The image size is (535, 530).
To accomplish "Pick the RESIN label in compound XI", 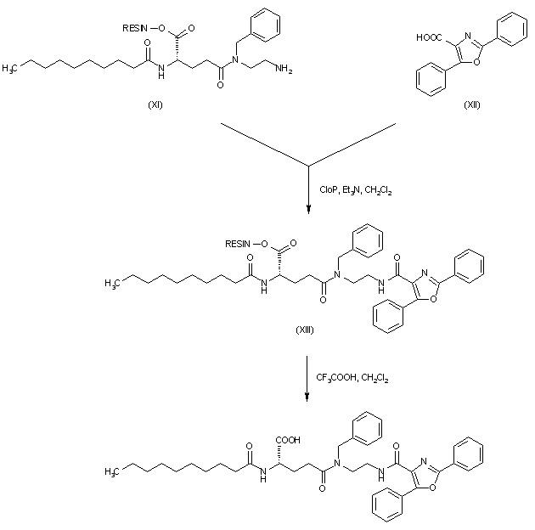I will point(136,28).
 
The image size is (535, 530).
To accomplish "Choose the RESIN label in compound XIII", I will point(239,244).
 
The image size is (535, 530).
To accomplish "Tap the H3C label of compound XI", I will point(11,65).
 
